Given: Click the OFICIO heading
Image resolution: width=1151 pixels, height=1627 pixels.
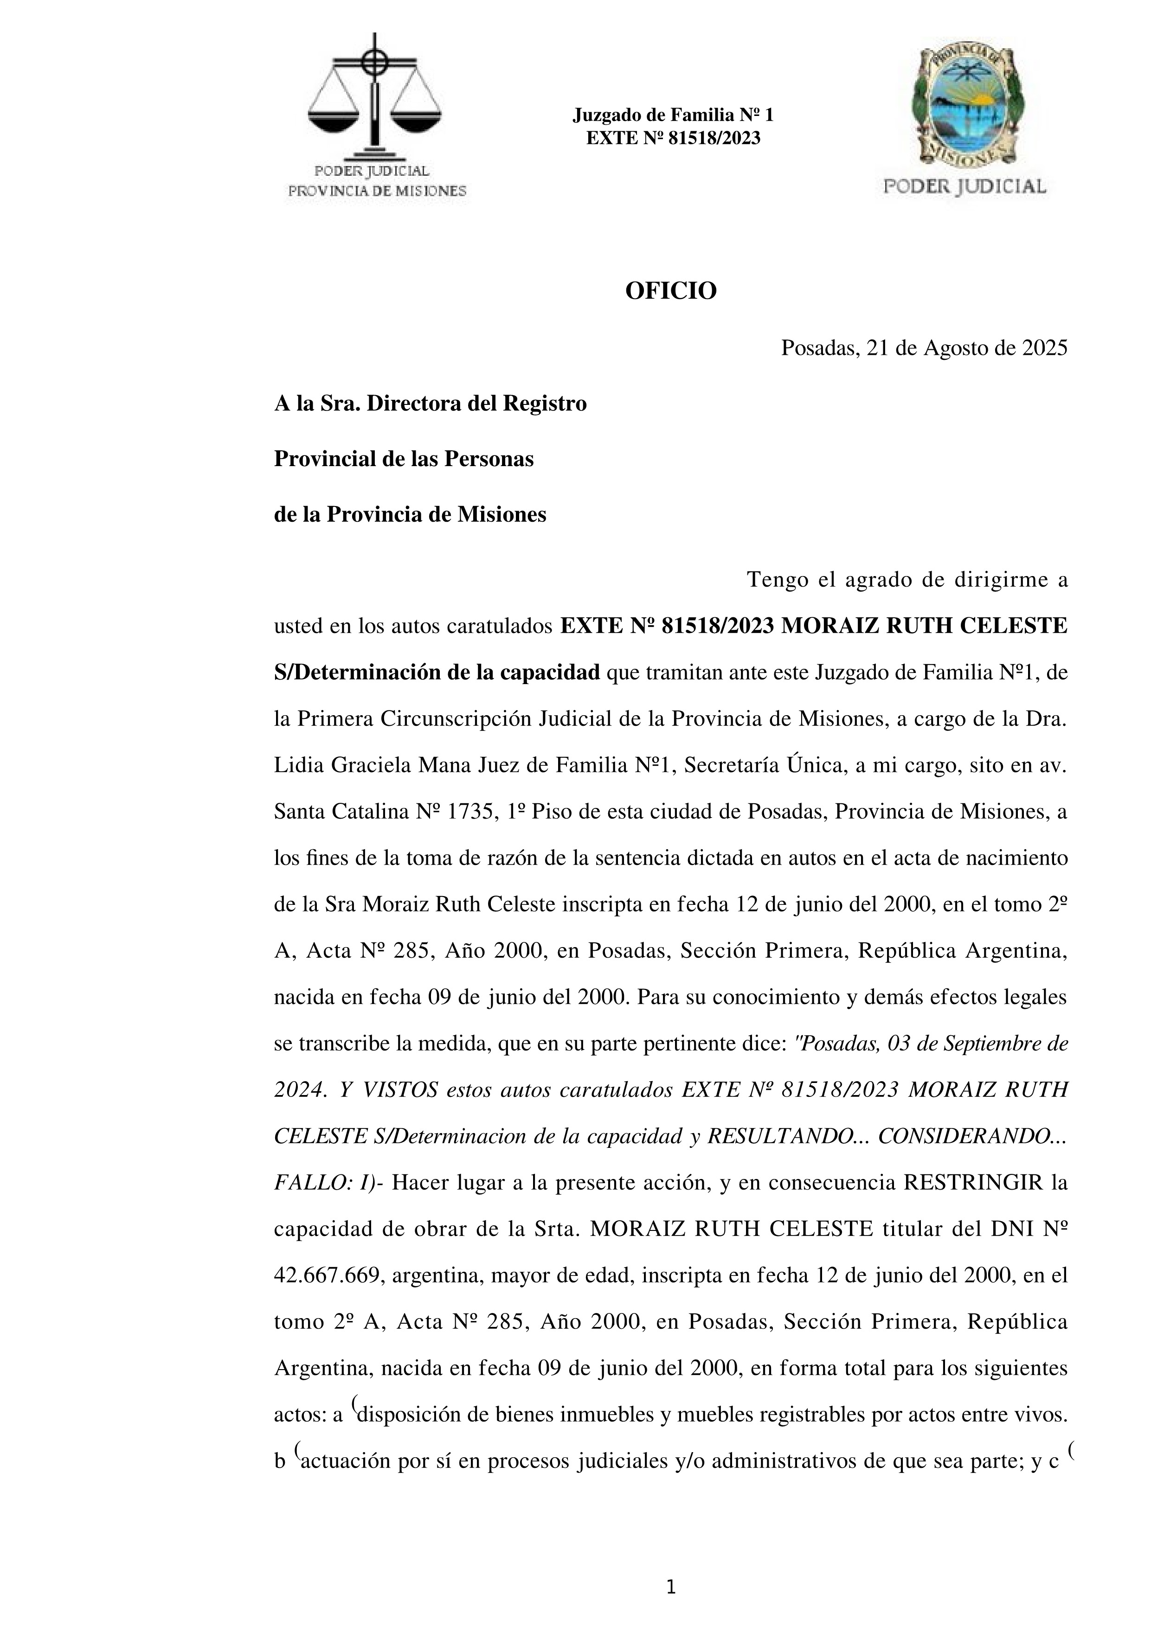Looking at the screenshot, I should pyautogui.click(x=670, y=291).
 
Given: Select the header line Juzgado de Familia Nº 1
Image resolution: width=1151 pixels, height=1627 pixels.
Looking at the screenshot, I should pyautogui.click(x=673, y=115).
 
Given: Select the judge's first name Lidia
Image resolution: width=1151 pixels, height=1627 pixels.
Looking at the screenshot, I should pyautogui.click(x=297, y=765).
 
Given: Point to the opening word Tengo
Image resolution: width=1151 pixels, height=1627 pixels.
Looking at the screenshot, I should pyautogui.click(x=778, y=580).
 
